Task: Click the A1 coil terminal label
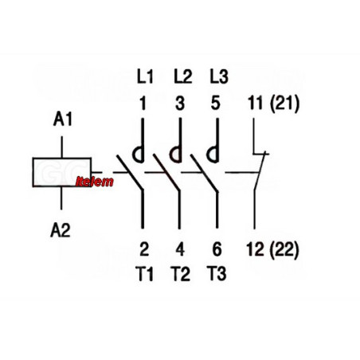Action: pos(63,119)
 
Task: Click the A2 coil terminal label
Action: pos(61,230)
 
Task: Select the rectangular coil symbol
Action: pos(62,172)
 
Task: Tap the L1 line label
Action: pos(145,76)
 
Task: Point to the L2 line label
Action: pos(183,76)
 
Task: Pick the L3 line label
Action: pos(219,76)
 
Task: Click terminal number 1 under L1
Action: pos(143,104)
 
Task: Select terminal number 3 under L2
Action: pos(180,104)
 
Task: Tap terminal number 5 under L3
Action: pos(216,104)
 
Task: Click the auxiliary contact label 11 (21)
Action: pos(274,104)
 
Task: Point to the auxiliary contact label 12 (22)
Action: pos(272,250)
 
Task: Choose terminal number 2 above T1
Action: pos(144,249)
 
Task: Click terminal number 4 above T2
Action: pos(180,249)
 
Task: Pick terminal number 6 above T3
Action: pos(217,249)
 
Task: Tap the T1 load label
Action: pos(144,274)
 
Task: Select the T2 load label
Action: pos(181,274)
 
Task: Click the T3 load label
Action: pos(217,274)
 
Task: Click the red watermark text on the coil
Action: pos(95,182)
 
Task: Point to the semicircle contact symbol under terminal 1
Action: pos(134,155)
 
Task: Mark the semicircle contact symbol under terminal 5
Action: pos(208,155)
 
